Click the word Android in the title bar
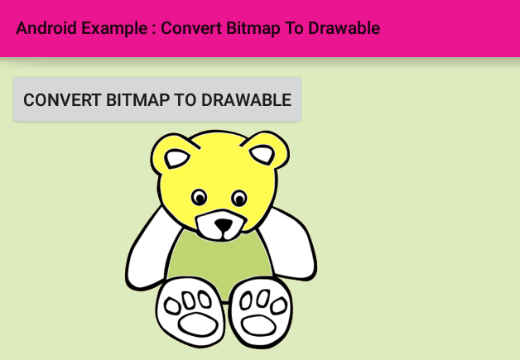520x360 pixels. (x=46, y=28)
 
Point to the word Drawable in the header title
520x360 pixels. (x=344, y=28)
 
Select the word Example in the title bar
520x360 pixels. (x=114, y=28)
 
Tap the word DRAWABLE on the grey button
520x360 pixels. (x=247, y=100)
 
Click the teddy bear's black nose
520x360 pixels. (x=224, y=225)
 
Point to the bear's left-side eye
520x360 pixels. (x=199, y=197)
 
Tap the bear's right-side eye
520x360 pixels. (x=238, y=199)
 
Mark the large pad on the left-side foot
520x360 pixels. (x=198, y=325)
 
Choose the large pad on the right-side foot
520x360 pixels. (x=258, y=325)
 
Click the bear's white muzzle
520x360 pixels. (x=221, y=225)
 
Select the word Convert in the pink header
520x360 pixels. (x=191, y=28)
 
